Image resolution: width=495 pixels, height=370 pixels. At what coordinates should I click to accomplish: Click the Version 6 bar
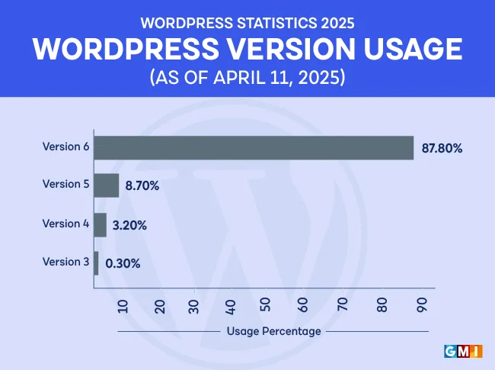coord(254,148)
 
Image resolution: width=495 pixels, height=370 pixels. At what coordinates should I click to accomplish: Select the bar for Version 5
coord(107,185)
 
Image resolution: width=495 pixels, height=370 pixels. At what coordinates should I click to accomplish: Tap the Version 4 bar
coord(100,225)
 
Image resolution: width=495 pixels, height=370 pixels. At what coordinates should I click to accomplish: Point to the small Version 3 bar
coord(96,263)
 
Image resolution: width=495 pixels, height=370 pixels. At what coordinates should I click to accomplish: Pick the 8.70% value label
coord(142,186)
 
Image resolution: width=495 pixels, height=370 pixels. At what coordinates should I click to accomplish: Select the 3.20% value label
coord(129,225)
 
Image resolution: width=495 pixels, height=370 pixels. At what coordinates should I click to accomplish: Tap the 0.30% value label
coord(123,264)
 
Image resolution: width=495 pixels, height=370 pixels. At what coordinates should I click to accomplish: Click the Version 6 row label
coord(66,146)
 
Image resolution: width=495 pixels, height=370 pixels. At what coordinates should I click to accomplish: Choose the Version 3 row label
coord(66,262)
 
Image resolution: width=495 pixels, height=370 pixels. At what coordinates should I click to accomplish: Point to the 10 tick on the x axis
coord(124,306)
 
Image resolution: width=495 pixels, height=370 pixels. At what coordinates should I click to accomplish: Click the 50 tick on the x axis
coord(266,306)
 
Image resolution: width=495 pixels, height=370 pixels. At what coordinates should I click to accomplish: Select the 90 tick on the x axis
coord(421,306)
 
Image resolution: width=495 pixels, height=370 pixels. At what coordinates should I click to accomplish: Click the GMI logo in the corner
coord(461,351)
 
